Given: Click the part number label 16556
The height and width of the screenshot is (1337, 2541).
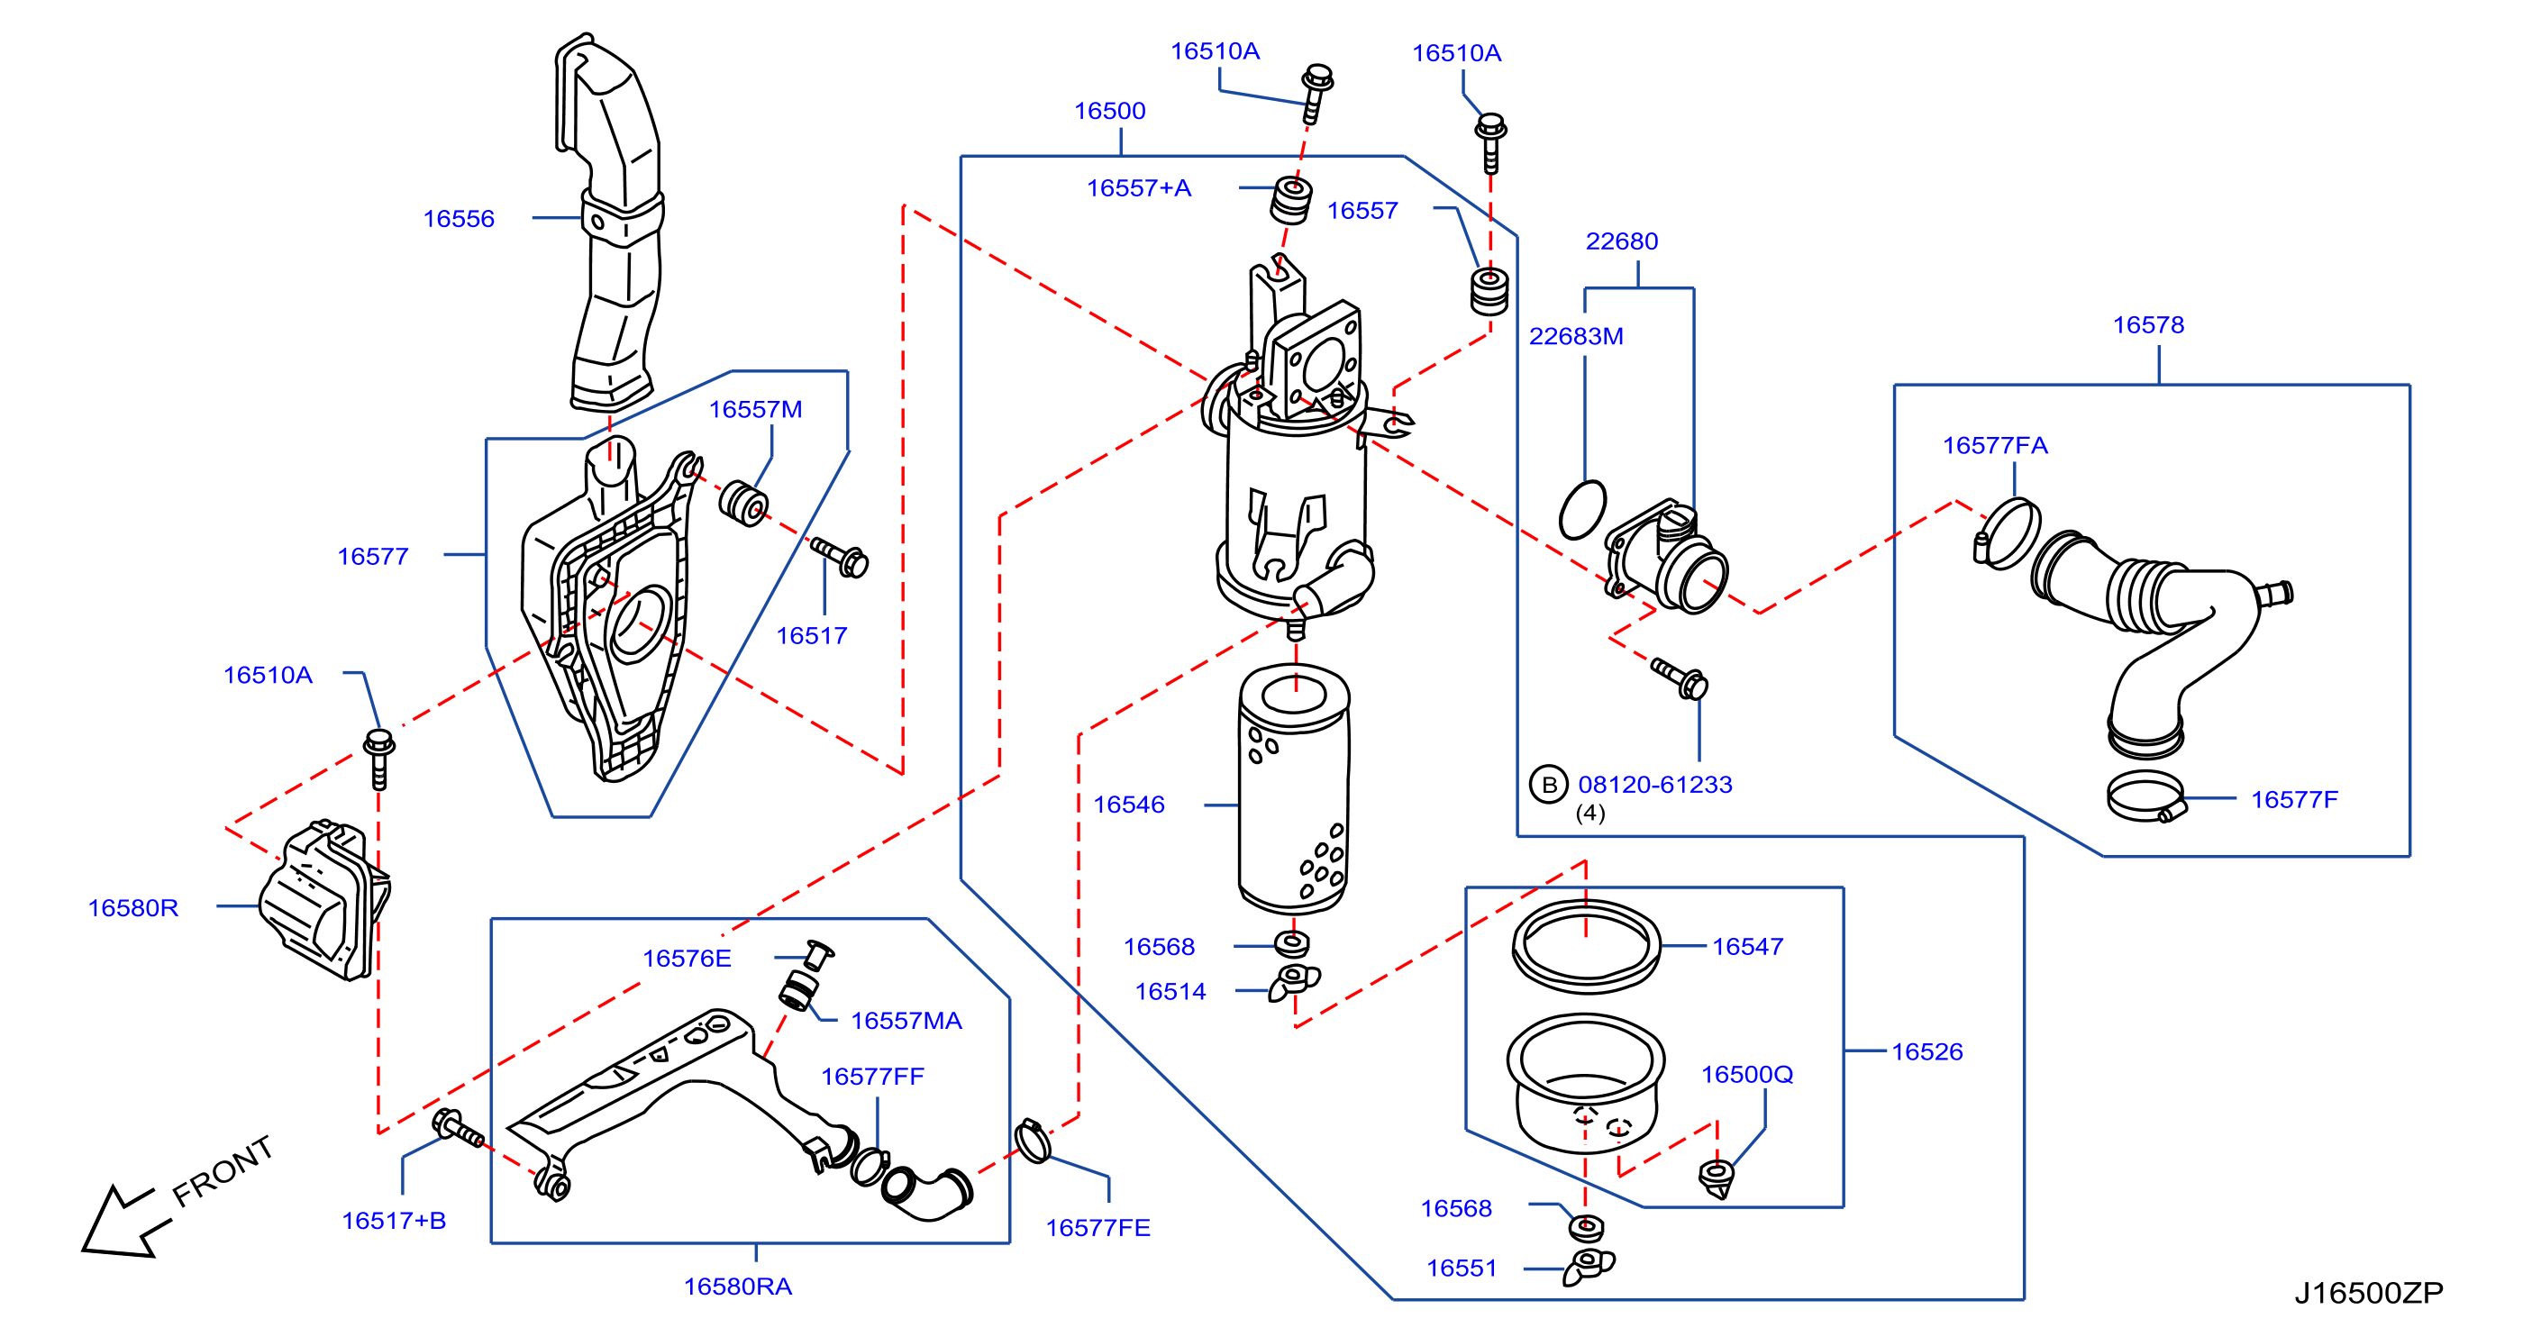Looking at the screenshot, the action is tap(459, 219).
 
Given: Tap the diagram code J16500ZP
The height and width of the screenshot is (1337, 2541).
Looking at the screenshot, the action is tap(2368, 1293).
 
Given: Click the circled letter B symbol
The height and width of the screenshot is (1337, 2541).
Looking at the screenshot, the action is tap(1549, 785).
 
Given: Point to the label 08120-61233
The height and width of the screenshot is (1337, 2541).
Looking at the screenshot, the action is tap(1655, 785).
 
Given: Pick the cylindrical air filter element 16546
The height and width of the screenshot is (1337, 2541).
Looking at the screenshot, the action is tap(1293, 789).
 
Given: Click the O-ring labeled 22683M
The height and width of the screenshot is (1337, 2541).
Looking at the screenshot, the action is tap(1582, 510).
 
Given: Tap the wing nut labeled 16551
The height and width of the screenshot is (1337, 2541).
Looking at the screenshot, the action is tap(1588, 1266).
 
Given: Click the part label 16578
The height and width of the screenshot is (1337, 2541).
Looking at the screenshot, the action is tap(2148, 325).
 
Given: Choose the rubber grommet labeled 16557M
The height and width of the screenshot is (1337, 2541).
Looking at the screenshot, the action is tap(743, 503).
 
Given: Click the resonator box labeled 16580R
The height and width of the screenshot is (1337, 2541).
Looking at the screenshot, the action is tap(323, 899).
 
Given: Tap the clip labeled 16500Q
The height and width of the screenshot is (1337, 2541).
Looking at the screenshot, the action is tap(1717, 1178).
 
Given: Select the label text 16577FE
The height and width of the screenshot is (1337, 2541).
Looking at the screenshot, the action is tap(1097, 1229).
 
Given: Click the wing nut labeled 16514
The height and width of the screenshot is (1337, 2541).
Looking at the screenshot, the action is tap(1293, 982).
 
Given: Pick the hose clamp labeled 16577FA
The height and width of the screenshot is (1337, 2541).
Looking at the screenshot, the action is tap(2008, 533).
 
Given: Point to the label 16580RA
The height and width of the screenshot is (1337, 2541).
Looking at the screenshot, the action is tap(738, 1287).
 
